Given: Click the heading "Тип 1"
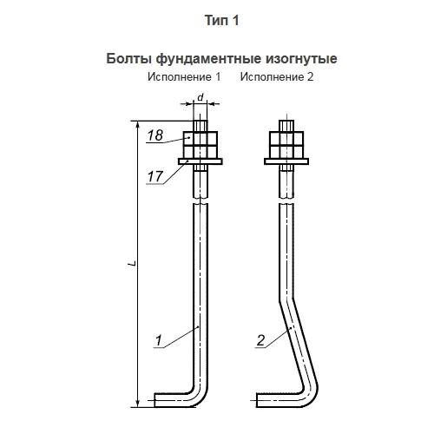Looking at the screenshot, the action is (x=221, y=21).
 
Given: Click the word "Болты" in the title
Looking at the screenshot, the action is (x=128, y=59).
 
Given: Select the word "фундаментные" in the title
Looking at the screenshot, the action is (x=208, y=59).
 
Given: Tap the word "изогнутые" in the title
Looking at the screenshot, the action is (x=301, y=59).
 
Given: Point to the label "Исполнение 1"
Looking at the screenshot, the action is (x=184, y=76).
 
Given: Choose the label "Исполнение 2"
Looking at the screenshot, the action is (x=277, y=76).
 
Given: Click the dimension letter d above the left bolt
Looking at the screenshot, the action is (x=201, y=97).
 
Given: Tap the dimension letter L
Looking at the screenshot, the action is (x=133, y=264).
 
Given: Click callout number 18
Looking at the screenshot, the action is (x=155, y=135).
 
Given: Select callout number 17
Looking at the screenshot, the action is (x=155, y=176).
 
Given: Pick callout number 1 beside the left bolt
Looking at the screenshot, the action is (x=159, y=340).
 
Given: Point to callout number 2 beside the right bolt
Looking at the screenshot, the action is (x=260, y=340).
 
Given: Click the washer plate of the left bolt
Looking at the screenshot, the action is (x=201, y=161).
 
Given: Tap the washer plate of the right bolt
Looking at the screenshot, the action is (x=286, y=161).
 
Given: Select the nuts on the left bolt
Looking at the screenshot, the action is (x=201, y=144).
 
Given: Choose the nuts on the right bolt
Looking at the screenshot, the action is (x=286, y=144).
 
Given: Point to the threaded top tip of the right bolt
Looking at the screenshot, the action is (x=286, y=126).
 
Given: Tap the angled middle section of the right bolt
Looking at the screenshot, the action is (x=298, y=341).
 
